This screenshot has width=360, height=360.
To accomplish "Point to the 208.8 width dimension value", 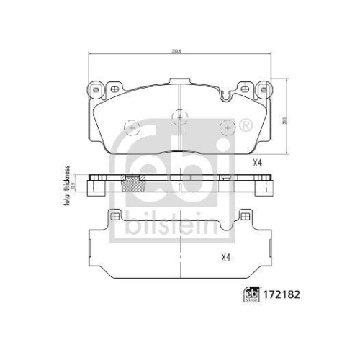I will tap(177, 51).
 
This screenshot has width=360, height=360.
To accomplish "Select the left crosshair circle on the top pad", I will tap(132, 128).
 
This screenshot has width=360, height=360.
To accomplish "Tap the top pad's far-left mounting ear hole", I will tap(94, 89).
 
